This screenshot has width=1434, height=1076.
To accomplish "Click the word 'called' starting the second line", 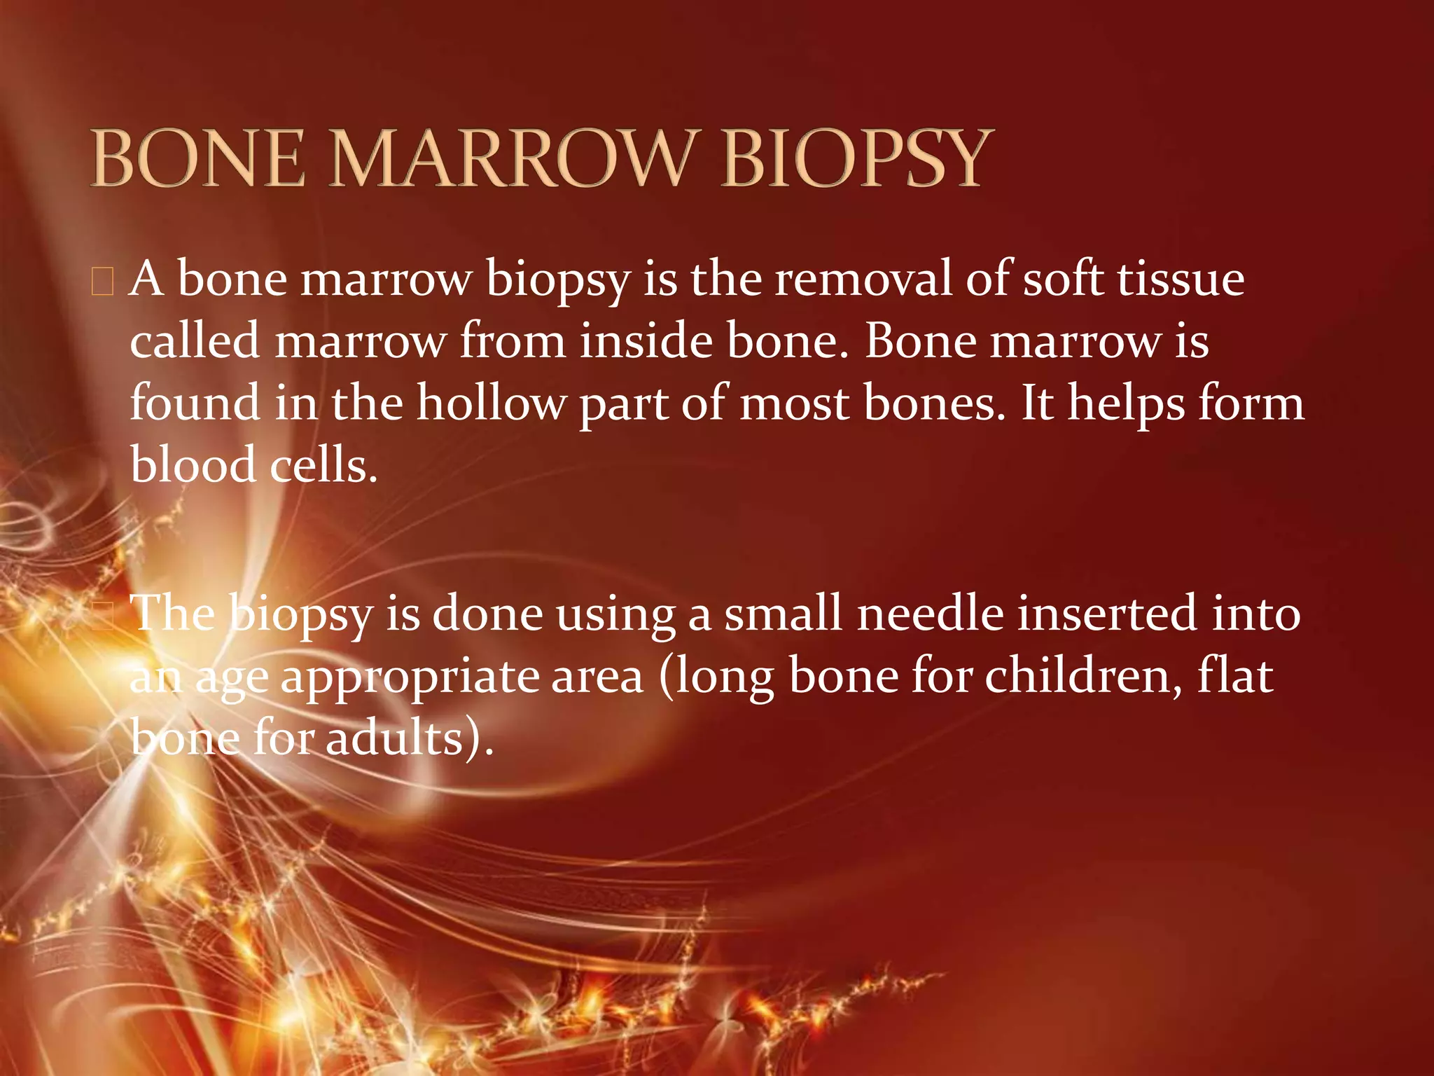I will pyautogui.click(x=195, y=341).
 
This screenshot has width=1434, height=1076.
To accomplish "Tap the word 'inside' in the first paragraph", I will pyautogui.click(x=646, y=341).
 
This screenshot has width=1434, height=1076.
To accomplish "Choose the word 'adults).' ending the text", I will pyautogui.click(x=410, y=740).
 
